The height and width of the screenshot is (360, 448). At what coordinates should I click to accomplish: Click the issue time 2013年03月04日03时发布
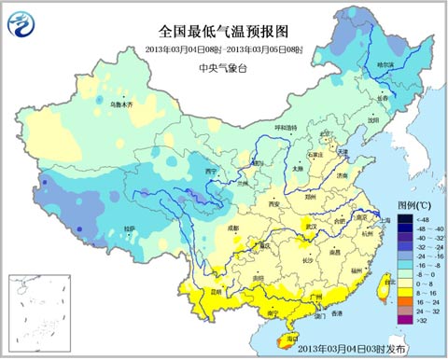click(x=374, y=351)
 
